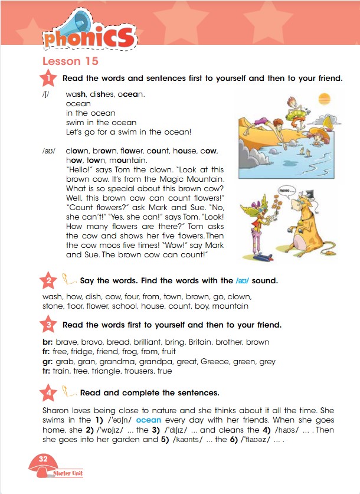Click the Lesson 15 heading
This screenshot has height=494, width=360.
coord(70,61)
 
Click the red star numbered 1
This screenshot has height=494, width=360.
coord(48,78)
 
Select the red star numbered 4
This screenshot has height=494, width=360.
coord(48,392)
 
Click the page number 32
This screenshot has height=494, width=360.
coord(42,459)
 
